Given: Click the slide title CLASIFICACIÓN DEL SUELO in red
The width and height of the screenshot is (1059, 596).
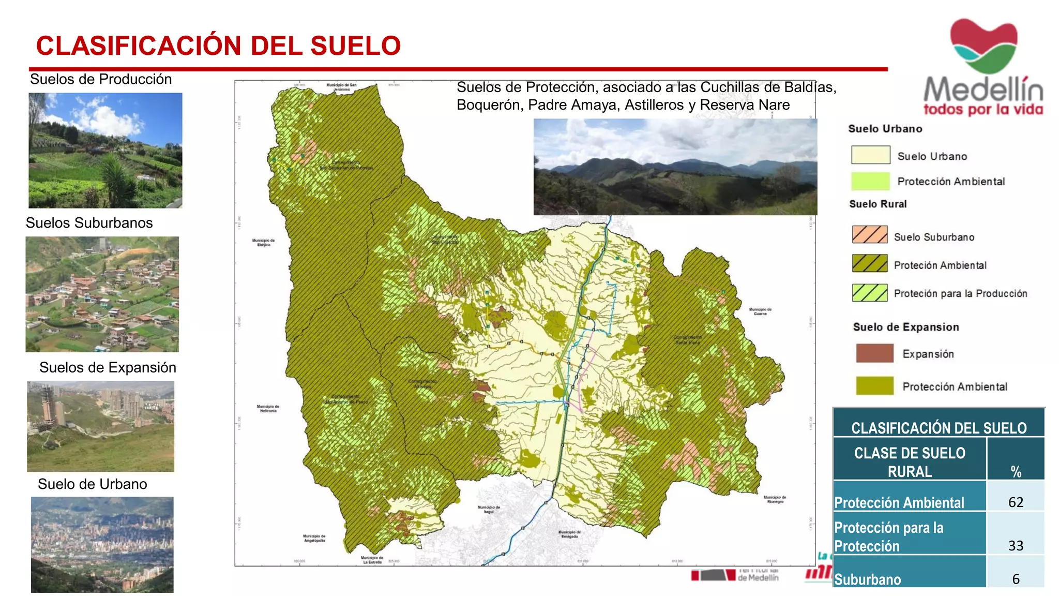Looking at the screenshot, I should point(218,46).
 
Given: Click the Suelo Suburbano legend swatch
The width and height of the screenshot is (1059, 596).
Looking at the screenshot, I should point(870,235).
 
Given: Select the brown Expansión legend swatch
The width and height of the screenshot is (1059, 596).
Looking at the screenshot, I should point(874,353).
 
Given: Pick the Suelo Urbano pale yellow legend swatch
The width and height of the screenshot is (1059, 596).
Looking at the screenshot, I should point(871,155).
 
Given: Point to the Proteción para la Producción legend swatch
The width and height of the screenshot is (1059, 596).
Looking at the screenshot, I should point(870,293).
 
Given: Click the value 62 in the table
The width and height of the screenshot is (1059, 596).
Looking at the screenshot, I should point(1016,502).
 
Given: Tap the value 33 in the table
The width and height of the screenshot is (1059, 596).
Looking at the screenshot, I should point(1016,545).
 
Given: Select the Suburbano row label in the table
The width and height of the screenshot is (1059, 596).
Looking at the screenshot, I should point(867,579).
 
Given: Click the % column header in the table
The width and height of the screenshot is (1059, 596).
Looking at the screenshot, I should point(1016,471).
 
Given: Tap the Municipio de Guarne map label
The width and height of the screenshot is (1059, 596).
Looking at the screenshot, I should point(760,311).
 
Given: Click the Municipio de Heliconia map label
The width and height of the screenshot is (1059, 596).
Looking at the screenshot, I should point(268,408).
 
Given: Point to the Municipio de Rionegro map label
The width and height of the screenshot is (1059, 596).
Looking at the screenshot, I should point(775,499).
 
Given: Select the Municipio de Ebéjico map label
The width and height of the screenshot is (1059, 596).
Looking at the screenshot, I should point(264,242).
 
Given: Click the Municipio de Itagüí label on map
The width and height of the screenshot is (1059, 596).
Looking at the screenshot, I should point(489,510).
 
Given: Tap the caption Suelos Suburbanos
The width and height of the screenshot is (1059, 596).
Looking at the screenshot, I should point(89,223).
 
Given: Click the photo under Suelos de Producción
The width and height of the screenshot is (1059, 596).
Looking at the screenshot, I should point(105,151).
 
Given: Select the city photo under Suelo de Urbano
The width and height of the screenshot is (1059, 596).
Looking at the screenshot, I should point(102,544).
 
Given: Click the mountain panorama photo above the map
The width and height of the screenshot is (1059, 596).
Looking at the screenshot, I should point(675,167).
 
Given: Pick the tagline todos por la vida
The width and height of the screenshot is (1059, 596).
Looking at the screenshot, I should point(983,110).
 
